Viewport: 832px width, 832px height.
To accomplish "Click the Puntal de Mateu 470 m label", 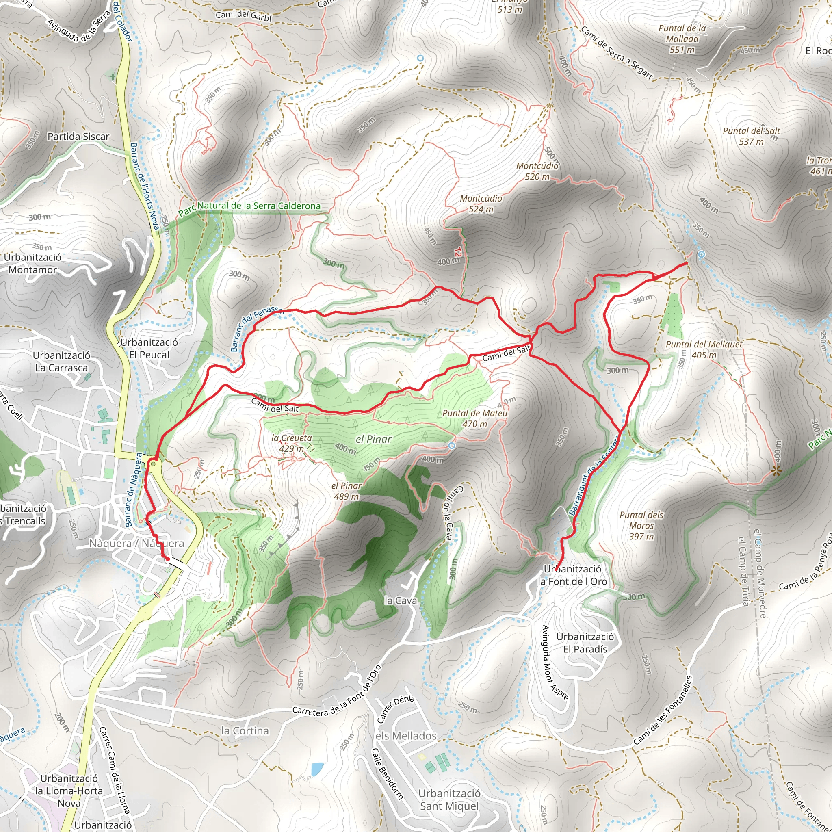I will pos(474,418).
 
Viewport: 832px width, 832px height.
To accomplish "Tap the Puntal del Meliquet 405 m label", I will pos(704,350).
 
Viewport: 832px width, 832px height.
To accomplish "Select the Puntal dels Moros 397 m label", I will pos(641,525).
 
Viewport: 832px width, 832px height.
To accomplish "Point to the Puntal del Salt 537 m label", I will pos(751,136).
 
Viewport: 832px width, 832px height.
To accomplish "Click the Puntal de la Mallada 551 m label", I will pos(682,39).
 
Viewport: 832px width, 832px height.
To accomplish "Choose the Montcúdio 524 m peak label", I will pos(481,204).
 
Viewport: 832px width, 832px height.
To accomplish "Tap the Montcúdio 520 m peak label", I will pos(537,171).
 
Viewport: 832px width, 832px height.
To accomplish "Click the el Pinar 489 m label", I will pos(346,491).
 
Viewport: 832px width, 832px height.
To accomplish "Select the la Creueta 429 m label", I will pos(292,443).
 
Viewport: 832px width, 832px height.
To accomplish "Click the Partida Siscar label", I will pos(78,136).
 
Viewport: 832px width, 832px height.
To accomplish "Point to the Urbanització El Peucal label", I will pos(149,349).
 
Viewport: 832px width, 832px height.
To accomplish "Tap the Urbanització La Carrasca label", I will pos(62,361).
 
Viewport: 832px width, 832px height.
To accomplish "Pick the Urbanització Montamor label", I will pos(33,263).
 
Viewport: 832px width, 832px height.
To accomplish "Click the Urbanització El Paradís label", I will pos(585,643).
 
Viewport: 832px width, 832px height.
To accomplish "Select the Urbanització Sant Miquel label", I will pos(449,799).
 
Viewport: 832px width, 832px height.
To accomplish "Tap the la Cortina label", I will pos(245,731).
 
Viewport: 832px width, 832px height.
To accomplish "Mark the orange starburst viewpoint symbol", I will pos(776,471).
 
